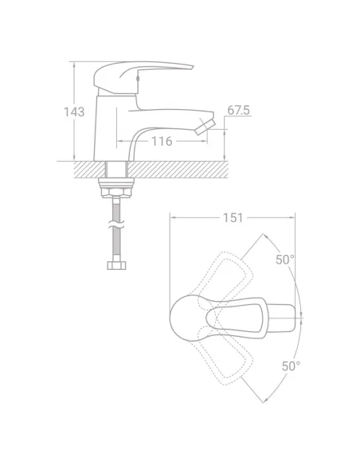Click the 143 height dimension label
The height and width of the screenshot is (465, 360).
pyautogui.click(x=74, y=111)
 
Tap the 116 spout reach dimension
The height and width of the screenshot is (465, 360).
pyautogui.click(x=162, y=141)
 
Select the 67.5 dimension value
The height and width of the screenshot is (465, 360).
pyautogui.click(x=239, y=110)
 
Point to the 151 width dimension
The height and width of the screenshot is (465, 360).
pyautogui.click(x=233, y=217)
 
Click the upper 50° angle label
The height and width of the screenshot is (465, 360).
pyautogui.click(x=285, y=260)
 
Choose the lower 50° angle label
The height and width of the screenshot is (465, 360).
pyautogui.click(x=291, y=366)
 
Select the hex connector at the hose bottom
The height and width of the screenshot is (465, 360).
pyautogui.click(x=116, y=265)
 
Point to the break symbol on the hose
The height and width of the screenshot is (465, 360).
pyautogui.click(x=116, y=225)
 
